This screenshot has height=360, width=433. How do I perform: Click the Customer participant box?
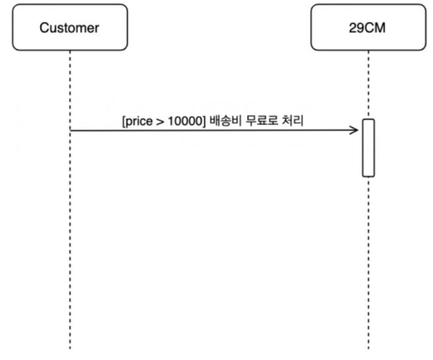click(x=69, y=28)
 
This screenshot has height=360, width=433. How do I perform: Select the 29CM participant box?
click(x=368, y=28)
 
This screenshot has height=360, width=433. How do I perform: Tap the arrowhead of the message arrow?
click(x=355, y=131)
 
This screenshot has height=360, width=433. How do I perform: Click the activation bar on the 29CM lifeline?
click(x=368, y=148)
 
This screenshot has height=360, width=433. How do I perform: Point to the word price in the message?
click(x=140, y=121)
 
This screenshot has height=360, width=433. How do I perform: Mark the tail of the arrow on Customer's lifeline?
click(x=71, y=131)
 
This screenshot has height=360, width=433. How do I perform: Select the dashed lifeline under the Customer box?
click(x=69, y=231)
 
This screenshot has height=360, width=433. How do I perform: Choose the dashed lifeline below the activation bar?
click(x=368, y=264)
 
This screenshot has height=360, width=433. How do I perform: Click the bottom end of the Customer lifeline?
click(x=69, y=347)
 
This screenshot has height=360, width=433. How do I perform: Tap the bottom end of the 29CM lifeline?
click(x=368, y=347)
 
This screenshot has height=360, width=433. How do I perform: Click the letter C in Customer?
click(x=44, y=28)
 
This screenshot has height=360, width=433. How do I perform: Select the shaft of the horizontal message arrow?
click(x=211, y=131)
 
